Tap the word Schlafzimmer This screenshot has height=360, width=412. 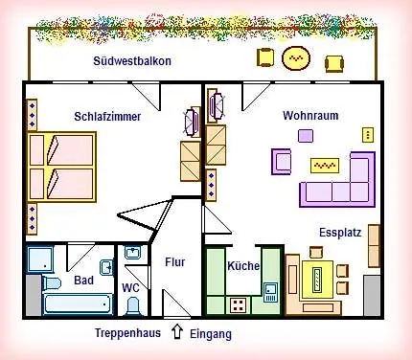(107, 117)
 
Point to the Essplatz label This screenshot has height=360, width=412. (340, 232)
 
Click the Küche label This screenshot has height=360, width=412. (243, 266)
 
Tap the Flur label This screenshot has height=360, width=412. (175, 261)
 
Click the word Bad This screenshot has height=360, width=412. (83, 281)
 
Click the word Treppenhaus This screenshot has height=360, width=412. (127, 334)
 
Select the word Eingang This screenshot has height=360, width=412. (210, 334)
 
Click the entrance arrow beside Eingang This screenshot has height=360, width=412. (176, 333)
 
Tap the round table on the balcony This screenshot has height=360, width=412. (297, 59)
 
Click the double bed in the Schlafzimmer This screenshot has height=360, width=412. (61, 167)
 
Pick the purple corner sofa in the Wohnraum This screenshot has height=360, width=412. (336, 184)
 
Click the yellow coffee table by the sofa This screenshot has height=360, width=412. (325, 165)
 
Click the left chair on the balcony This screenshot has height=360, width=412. (264, 59)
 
